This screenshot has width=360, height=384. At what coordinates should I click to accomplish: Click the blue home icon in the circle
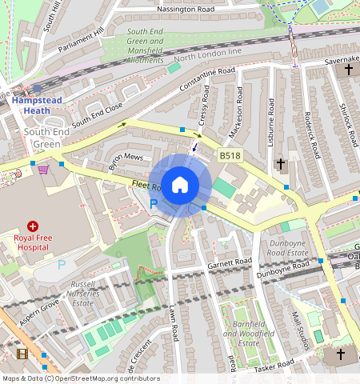[180, 185]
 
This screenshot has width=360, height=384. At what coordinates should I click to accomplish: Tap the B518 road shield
[230, 156]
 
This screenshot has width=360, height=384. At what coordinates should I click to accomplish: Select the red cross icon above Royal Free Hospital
[34, 227]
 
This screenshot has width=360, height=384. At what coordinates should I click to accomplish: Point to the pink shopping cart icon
[43, 169]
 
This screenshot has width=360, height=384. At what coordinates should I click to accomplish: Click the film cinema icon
[22, 354]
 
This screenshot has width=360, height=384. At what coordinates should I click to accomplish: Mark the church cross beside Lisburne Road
[280, 164]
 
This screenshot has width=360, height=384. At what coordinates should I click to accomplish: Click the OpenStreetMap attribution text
[81, 378]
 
